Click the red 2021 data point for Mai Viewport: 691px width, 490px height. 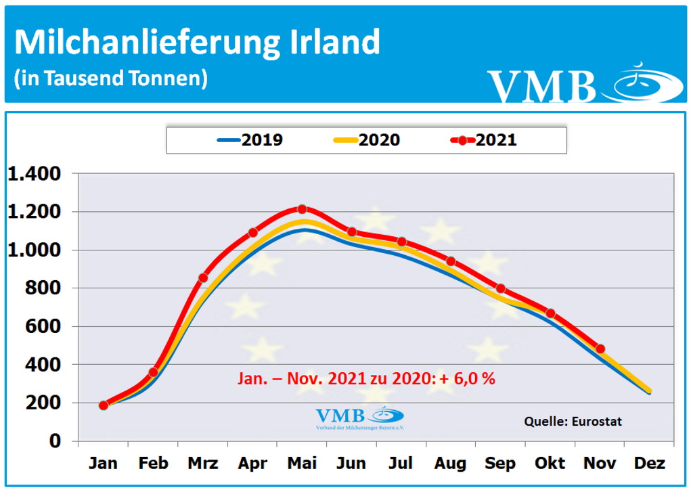point(302,209)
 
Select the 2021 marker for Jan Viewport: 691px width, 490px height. point(104,405)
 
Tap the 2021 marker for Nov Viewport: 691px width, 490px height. point(600,349)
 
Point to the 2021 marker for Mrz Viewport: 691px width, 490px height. point(203,277)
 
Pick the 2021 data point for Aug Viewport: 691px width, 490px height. point(451,261)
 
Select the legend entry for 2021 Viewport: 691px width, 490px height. point(483,140)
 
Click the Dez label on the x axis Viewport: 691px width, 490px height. point(649,464)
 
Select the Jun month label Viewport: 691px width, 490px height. point(351,464)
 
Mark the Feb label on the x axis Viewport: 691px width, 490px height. point(153,464)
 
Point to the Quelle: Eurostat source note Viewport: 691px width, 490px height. point(573,422)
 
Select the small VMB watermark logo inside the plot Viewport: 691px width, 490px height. point(359,418)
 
